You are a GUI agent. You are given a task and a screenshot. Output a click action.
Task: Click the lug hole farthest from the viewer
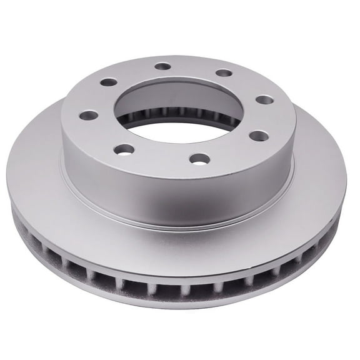163,66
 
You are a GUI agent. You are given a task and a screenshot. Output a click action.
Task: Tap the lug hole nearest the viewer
199,159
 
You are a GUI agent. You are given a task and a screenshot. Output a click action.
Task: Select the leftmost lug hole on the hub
89,116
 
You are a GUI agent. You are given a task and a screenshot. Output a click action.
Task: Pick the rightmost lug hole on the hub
265,99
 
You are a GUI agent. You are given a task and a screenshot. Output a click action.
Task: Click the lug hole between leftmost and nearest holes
125,149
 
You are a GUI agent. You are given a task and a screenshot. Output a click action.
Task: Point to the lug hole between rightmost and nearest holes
259,136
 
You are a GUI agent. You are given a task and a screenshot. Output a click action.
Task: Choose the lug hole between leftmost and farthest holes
109,82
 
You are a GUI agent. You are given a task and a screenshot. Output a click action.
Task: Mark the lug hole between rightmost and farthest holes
224,73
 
